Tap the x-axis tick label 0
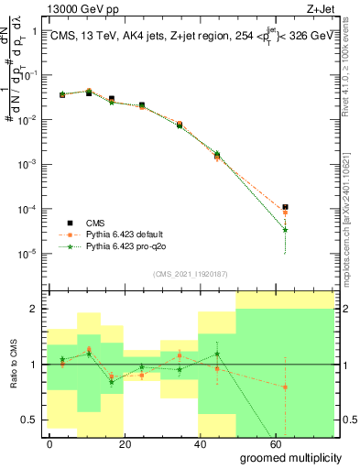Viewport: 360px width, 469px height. point(50,443)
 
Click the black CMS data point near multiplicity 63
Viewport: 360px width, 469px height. point(286,207)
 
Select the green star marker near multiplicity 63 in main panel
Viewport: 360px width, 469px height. point(286,230)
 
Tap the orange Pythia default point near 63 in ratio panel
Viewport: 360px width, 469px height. point(286,387)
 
